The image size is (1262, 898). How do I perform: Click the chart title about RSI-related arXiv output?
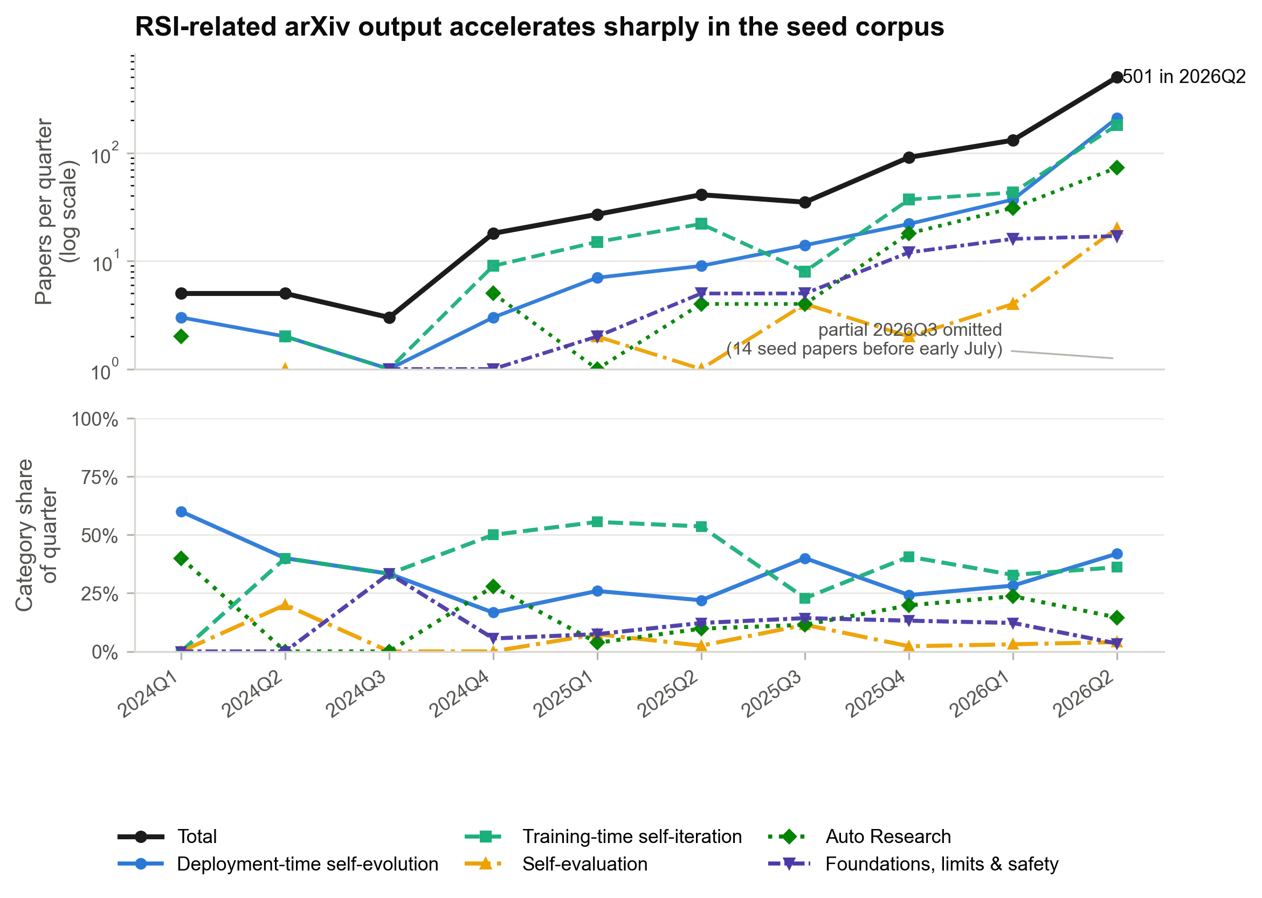tap(539, 27)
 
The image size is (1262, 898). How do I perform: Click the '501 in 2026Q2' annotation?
tap(1184, 77)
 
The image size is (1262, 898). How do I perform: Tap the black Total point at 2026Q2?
tap(1116, 78)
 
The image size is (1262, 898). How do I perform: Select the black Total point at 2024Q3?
tap(389, 317)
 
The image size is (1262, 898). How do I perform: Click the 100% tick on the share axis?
tap(95, 420)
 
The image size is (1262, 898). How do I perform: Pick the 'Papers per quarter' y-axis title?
tap(57, 212)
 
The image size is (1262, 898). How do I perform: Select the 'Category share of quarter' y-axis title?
tap(37, 535)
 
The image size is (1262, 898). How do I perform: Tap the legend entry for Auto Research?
tap(860, 837)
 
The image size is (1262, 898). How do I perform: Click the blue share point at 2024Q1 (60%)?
tap(181, 512)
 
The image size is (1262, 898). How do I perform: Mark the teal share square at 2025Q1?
tap(597, 522)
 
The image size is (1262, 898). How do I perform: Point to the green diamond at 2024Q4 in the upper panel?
tap(493, 293)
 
